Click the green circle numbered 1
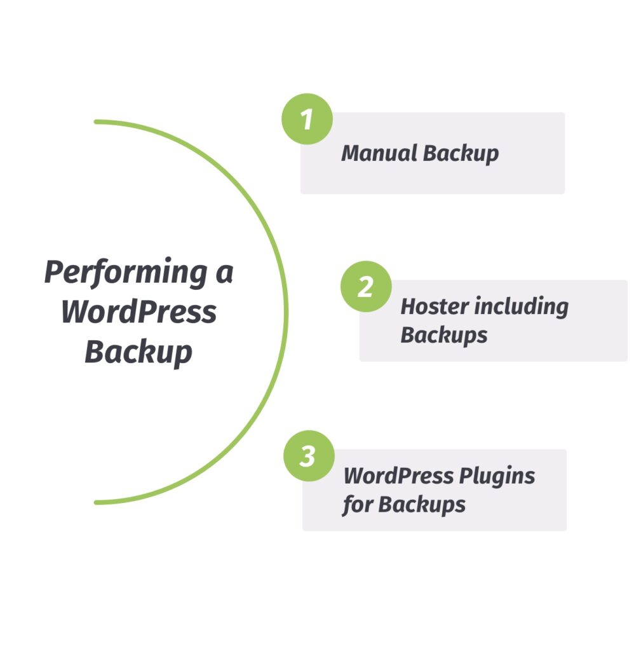coord(307,119)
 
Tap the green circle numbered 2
coord(366,287)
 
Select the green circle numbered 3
coord(309,456)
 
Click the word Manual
coord(379,153)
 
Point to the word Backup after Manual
coord(461,153)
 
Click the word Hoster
coord(435,306)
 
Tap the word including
coord(521,307)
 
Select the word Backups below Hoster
coord(444,335)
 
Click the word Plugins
coord(497,476)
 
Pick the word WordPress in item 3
coord(399,476)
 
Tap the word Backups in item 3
coord(422,505)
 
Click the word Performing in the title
coord(126,273)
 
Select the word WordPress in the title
coord(138,312)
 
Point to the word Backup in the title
coord(138,352)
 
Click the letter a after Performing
coord(224,274)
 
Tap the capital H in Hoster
coord(409,306)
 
